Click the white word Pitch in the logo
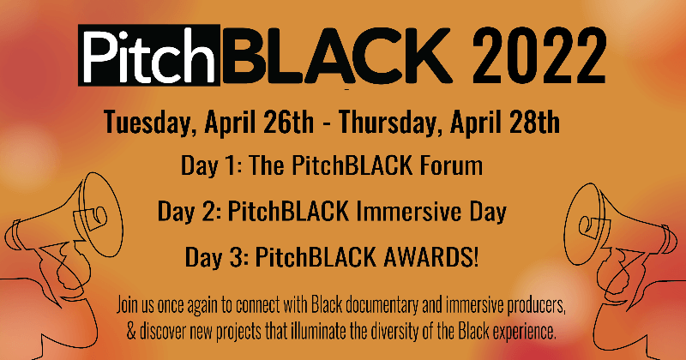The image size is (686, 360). pyautogui.click(x=149, y=56)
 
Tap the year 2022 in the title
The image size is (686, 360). pyautogui.click(x=539, y=56)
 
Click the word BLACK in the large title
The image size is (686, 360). pyautogui.click(x=337, y=56)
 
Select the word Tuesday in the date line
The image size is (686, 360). pyautogui.click(x=148, y=123)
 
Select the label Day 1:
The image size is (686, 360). pyautogui.click(x=212, y=166)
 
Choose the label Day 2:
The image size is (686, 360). pyautogui.click(x=190, y=213)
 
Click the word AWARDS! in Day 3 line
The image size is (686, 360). pyautogui.click(x=430, y=257)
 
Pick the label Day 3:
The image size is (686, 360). pyautogui.click(x=217, y=258)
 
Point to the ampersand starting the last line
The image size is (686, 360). pyautogui.click(x=131, y=332)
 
